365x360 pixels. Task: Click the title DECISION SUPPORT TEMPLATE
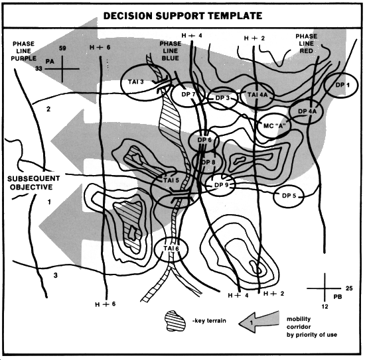click(x=183, y=16)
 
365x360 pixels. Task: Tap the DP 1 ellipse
click(x=325, y=86)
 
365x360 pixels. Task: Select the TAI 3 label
click(x=135, y=82)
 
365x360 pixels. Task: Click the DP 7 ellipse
click(x=171, y=94)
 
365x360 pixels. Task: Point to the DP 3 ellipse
click(x=208, y=98)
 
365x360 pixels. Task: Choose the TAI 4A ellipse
click(x=240, y=95)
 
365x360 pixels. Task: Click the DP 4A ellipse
click(x=289, y=112)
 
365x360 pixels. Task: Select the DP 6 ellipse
click(x=188, y=141)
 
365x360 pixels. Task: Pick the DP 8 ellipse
click(x=192, y=162)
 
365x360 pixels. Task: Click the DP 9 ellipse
click(x=206, y=185)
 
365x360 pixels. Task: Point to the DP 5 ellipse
click(x=273, y=196)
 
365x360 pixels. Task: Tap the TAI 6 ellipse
click(x=155, y=249)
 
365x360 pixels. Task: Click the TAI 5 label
click(x=171, y=180)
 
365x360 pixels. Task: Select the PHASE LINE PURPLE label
click(x=23, y=51)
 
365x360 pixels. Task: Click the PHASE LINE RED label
click(x=307, y=44)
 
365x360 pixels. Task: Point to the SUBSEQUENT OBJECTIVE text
click(x=34, y=183)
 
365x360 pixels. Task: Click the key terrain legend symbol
click(x=175, y=321)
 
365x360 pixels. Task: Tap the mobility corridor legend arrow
click(x=258, y=322)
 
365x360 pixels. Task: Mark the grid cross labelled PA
click(x=62, y=69)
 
